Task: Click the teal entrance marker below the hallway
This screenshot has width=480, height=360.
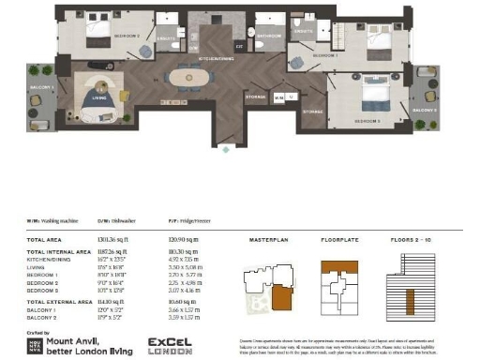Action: [x=225, y=148]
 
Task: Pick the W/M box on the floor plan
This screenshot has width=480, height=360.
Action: [x=280, y=96]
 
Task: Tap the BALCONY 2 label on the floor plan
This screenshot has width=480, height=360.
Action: [x=424, y=110]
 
